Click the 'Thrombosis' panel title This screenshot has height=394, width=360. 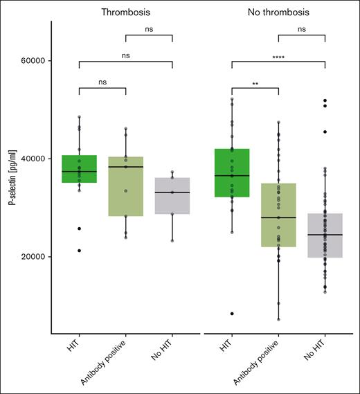pyautogui.click(x=125, y=12)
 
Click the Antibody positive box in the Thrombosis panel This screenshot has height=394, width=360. pyautogui.click(x=126, y=187)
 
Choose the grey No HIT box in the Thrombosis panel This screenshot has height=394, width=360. pyautogui.click(x=172, y=196)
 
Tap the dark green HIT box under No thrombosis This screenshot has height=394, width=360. pyautogui.click(x=232, y=173)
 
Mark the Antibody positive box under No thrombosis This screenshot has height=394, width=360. pyautogui.click(x=278, y=215)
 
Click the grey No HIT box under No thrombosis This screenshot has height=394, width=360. pyautogui.click(x=324, y=235)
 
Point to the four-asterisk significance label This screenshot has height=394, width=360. pyautogui.click(x=278, y=55)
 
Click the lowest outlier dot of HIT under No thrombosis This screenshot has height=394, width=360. pyautogui.click(x=232, y=314)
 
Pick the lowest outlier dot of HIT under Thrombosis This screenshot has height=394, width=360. pyautogui.click(x=80, y=251)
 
